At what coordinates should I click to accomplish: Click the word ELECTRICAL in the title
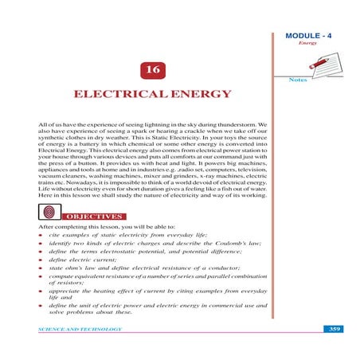pos(123,94)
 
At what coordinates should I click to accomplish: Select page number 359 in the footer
pos(335,328)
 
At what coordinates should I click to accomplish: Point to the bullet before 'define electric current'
pos(41,259)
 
